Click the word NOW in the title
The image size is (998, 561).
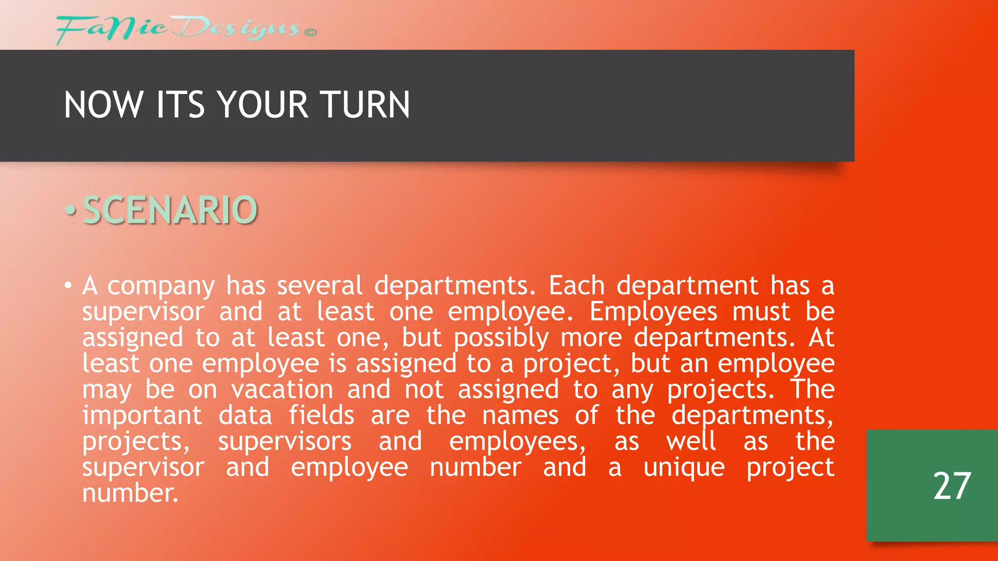pyautogui.click(x=103, y=105)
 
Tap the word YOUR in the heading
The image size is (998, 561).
pyautogui.click(x=263, y=105)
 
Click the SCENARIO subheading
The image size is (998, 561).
pyautogui.click(x=170, y=210)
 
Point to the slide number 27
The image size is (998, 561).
pyautogui.click(x=952, y=486)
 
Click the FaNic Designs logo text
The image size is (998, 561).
pyautogui.click(x=177, y=29)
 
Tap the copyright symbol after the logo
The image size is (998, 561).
pyautogui.click(x=310, y=33)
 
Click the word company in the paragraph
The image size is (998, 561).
pyautogui.click(x=161, y=286)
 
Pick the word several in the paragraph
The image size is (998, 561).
pyautogui.click(x=320, y=285)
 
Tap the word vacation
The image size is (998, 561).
pyautogui.click(x=282, y=390)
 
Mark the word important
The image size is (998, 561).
pyautogui.click(x=142, y=416)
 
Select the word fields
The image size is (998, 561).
pyautogui.click(x=322, y=415)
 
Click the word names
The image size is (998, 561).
pyautogui.click(x=520, y=416)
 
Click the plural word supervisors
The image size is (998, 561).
pyautogui.click(x=285, y=442)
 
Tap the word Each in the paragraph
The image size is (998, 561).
pyautogui.click(x=576, y=285)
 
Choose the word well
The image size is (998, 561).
pyautogui.click(x=691, y=441)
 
